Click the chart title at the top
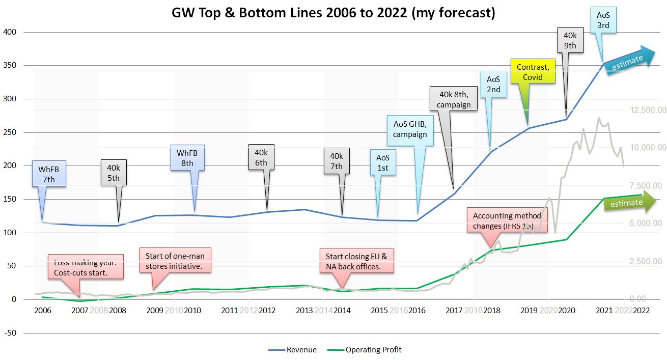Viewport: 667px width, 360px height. click(333, 13)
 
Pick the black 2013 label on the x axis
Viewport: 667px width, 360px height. click(304, 310)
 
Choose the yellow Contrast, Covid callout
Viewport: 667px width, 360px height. click(533, 72)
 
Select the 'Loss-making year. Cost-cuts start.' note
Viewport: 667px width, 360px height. click(86, 267)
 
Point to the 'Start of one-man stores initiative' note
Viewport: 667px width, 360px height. click(175, 261)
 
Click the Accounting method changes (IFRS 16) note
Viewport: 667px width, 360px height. click(507, 221)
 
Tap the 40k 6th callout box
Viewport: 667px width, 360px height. click(261, 158)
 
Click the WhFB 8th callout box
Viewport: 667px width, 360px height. click(187, 158)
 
